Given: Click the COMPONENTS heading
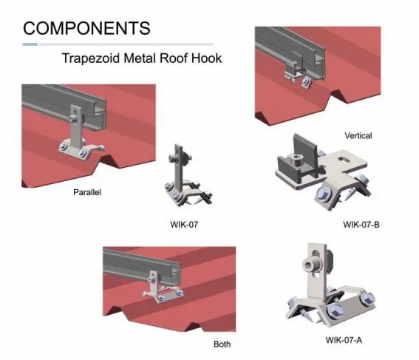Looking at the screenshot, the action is (x=86, y=28).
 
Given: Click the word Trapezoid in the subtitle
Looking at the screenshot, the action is (x=91, y=58).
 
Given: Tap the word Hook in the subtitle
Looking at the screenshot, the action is (x=206, y=58).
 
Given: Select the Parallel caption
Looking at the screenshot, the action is (x=87, y=192).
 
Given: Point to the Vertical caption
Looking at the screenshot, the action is (x=358, y=136).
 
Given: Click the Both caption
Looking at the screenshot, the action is (x=222, y=344).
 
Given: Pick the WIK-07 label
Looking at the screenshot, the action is (x=184, y=225).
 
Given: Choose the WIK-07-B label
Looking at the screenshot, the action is (x=361, y=225).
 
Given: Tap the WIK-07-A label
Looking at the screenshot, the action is (x=344, y=340).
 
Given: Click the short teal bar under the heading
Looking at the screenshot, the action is (x=30, y=44).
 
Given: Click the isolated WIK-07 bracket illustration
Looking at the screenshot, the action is (x=187, y=175).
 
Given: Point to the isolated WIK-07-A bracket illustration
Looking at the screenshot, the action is (x=330, y=285).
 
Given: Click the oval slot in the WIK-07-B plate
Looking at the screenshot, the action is (x=345, y=160).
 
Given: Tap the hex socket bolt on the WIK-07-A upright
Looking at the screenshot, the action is (x=310, y=265).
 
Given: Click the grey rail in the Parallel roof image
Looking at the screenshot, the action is (x=64, y=106).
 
